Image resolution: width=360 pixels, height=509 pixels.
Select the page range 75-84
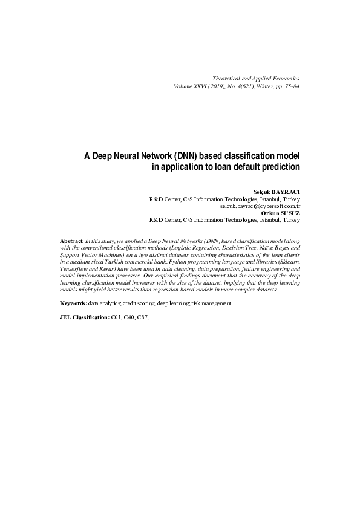coord(289,86)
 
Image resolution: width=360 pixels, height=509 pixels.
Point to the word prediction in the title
coord(277,166)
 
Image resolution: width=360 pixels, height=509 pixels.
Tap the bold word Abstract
coord(72,241)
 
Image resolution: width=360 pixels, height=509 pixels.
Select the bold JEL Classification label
coord(85,317)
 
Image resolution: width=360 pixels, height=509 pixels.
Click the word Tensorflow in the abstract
coord(74,268)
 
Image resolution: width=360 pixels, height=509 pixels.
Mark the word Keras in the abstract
coord(113,268)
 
